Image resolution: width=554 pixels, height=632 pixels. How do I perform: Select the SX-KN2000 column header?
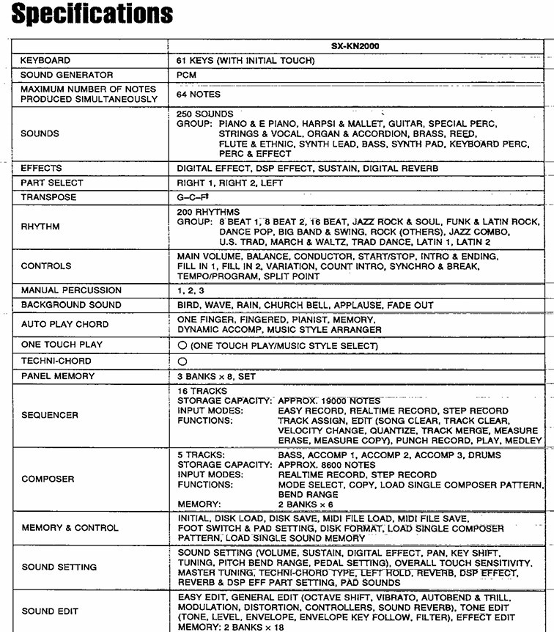[x=359, y=46]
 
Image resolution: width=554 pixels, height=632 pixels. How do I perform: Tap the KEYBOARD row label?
[x=45, y=60]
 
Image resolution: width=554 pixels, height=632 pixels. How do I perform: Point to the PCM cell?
[x=187, y=75]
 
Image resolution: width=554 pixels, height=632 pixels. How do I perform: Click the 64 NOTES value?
[x=199, y=95]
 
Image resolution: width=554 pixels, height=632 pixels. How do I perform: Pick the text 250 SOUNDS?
[x=205, y=114]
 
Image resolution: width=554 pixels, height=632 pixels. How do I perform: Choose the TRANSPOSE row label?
[x=48, y=197]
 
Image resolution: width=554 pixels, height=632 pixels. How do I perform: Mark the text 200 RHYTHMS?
[x=208, y=212]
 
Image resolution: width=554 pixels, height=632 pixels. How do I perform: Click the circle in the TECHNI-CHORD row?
[x=182, y=361]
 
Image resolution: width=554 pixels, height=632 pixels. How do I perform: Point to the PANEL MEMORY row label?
[x=58, y=376]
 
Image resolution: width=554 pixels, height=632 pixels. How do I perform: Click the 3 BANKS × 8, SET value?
[x=217, y=376]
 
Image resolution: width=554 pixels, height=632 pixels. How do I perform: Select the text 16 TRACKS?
[x=203, y=392]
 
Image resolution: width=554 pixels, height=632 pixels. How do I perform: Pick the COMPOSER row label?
[x=48, y=479]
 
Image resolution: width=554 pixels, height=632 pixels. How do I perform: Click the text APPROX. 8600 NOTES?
[x=327, y=465]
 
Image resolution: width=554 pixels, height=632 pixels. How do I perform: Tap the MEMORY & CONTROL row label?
[x=70, y=528]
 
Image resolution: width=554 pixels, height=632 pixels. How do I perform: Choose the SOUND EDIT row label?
[x=50, y=611]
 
